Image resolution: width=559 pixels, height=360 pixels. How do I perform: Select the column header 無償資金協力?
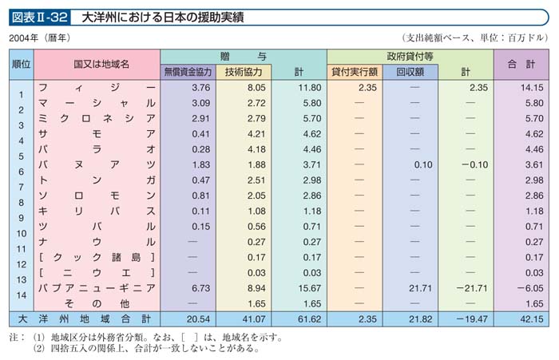pos(188,71)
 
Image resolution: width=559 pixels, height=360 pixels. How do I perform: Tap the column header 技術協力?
pos(244,71)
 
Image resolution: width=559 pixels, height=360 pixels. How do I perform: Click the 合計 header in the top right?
pos(521,62)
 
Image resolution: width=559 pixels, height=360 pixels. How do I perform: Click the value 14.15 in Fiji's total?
pos(529,86)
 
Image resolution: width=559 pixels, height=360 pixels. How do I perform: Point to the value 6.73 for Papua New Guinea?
pos(200,287)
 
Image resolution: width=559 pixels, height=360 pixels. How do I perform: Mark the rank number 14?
pos(22,295)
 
